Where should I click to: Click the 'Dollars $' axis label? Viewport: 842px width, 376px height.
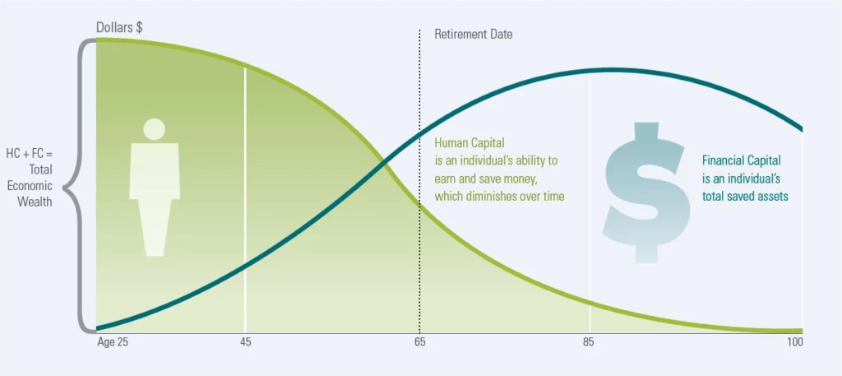119,28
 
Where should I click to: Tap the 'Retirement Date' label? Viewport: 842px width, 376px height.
473,35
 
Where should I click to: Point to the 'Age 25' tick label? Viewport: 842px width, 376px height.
113,342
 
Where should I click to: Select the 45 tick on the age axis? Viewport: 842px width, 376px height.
245,342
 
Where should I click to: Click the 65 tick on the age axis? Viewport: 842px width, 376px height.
420,342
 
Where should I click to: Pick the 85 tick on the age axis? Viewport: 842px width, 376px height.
590,342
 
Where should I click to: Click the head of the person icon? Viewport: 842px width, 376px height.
154,129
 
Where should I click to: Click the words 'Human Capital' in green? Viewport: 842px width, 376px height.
470,143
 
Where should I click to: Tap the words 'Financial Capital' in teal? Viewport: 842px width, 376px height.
742,160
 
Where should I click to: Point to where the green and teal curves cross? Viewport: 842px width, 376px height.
383,160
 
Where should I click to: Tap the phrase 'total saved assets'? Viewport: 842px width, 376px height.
745,197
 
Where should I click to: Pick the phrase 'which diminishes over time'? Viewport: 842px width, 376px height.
499,197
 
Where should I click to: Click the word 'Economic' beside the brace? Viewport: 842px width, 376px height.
31,186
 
